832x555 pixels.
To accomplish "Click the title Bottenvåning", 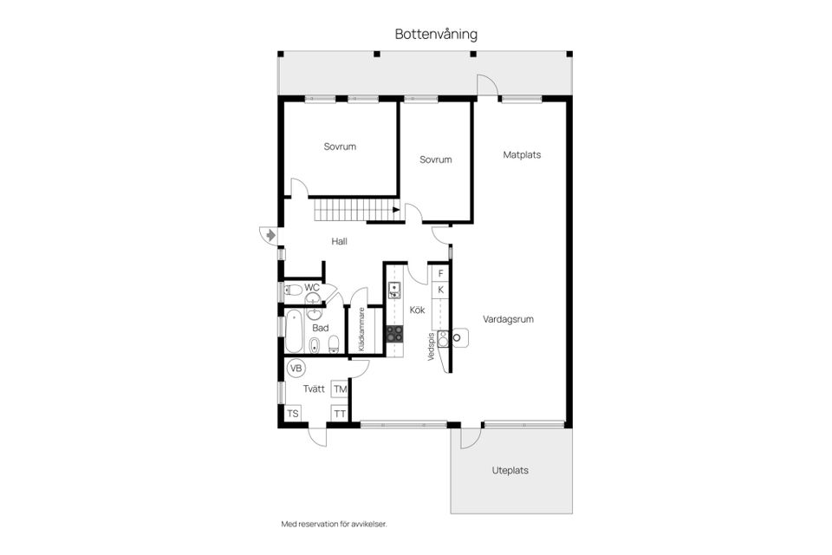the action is (x=436, y=35).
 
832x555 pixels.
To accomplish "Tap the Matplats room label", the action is (x=522, y=155).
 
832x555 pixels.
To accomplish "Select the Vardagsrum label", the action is (x=508, y=319).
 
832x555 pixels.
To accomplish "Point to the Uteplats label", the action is (x=510, y=471).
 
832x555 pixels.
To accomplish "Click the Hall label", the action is (x=339, y=242).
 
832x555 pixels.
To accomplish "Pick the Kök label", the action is (x=417, y=310).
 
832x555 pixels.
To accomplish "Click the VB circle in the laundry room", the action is (x=296, y=368).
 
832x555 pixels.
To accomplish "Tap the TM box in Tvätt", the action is (x=340, y=389).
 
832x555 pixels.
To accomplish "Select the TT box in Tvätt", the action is (x=340, y=414).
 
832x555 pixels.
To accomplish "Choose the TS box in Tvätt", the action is (x=293, y=414).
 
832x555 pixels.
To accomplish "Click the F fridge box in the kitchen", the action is (x=440, y=273).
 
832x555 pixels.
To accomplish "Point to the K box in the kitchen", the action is (x=440, y=290).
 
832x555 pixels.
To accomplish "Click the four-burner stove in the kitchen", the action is (x=394, y=334).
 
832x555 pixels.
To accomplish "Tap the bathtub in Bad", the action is (x=294, y=332).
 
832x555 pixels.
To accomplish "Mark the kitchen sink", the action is (x=394, y=291).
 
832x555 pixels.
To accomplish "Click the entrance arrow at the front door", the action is (x=270, y=235).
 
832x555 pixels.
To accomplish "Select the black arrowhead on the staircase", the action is (x=396, y=210).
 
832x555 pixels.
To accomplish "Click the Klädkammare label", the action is (x=362, y=330).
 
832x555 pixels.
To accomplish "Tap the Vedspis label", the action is (x=431, y=347).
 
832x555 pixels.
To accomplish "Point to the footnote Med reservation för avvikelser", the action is (x=334, y=524).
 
